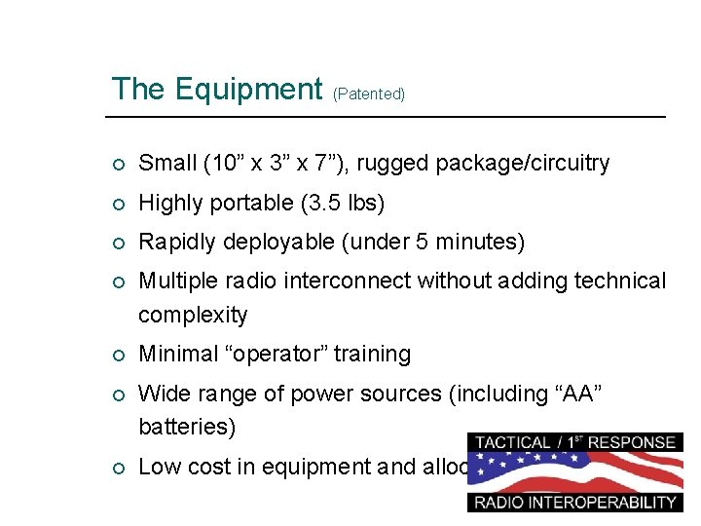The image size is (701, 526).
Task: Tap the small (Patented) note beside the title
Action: (x=369, y=94)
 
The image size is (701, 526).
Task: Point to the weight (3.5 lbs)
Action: (x=343, y=203)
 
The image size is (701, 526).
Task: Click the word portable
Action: (x=247, y=203)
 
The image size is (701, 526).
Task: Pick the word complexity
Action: (x=193, y=315)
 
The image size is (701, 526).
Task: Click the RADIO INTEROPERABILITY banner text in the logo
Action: (x=573, y=503)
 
